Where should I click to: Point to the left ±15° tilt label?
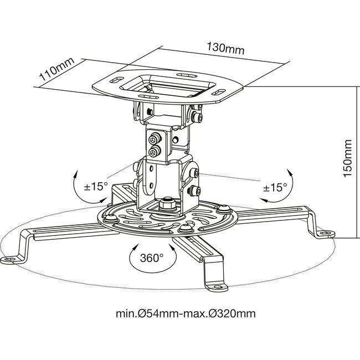tap(95, 186)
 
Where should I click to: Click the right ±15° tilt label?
tap(274, 187)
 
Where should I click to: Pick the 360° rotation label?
tap(151, 257)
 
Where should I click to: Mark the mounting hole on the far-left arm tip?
tap(11, 259)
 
